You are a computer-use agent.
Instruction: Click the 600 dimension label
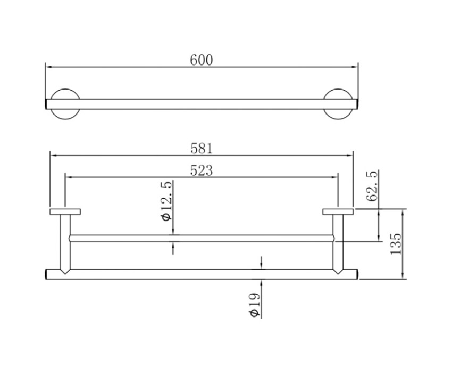tap(202, 60)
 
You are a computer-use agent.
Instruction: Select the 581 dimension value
tap(202, 149)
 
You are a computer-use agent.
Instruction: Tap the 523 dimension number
tap(202, 170)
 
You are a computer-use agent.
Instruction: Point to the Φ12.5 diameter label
tap(167, 201)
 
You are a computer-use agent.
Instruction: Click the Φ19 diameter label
tap(255, 305)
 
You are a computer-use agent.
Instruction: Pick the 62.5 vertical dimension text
tap(372, 186)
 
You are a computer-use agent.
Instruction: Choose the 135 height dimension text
tap(396, 244)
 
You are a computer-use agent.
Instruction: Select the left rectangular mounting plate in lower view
tap(65, 212)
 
